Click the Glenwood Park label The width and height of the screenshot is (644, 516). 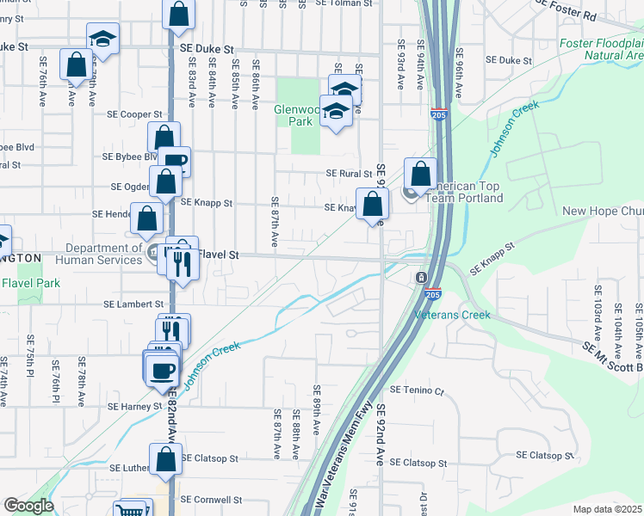coord(298,115)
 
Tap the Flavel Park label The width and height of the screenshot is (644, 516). coord(30,283)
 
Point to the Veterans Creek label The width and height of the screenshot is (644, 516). coord(453,315)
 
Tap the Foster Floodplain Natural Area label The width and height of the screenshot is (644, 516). coord(602,49)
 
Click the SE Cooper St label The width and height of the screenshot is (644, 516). coord(134,114)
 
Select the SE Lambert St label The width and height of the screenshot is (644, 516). coord(133,304)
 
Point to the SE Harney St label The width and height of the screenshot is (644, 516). coord(135,406)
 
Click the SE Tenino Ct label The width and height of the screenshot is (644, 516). coord(416,390)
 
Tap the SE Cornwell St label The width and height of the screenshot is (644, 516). coord(211,500)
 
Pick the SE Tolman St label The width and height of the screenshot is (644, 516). coord(346,3)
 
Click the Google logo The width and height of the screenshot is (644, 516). coord(28,506)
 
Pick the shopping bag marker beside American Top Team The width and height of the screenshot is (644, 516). coord(420,175)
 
